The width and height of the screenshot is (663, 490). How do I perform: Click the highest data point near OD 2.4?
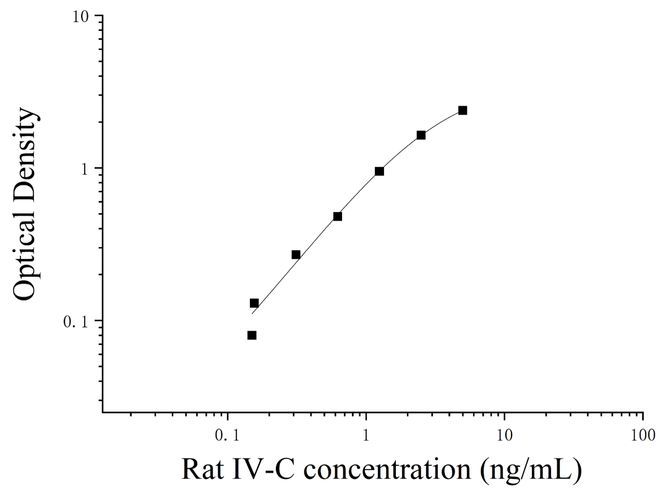pos(463,110)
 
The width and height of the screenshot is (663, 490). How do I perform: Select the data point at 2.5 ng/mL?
pos(421,135)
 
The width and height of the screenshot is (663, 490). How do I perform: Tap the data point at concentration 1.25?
pos(379,171)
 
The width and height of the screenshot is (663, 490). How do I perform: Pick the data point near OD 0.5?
pos(338,216)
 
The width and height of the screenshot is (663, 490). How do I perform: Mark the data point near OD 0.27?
pos(296,255)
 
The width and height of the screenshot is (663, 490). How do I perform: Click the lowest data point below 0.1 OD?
pos(252,336)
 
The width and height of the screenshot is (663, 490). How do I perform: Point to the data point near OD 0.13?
pos(254,303)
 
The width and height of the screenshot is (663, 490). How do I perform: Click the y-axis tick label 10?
pos(80,17)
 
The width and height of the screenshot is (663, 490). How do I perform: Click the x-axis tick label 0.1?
pos(228,436)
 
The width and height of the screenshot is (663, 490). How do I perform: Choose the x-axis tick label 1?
pos(366,436)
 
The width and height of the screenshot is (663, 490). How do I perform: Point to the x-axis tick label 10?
pos(504,436)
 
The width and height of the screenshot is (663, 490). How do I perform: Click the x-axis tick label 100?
pos(643,436)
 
